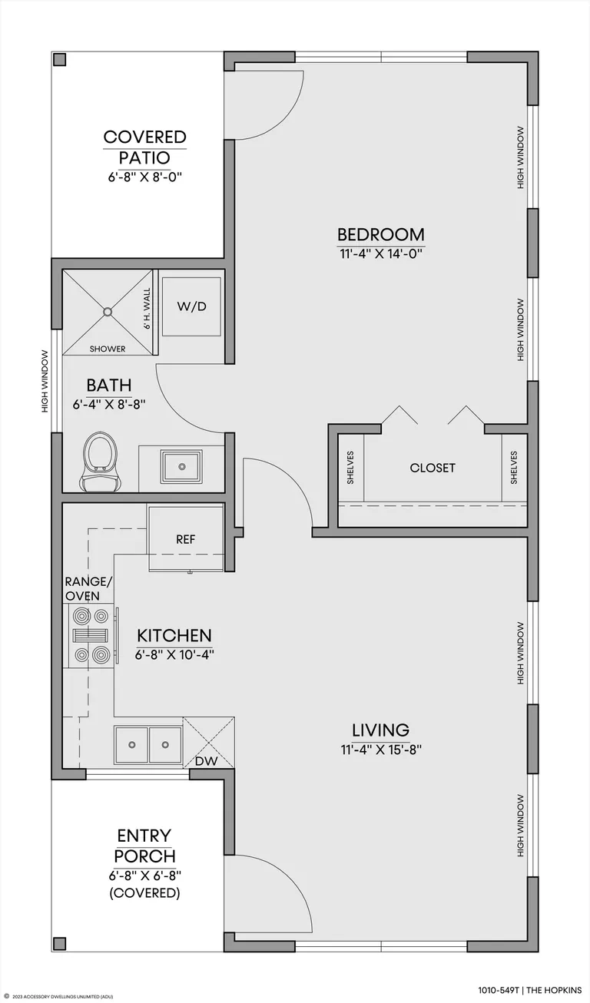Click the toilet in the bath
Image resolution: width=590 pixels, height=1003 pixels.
[x=98, y=462]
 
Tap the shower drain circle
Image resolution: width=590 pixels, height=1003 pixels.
[x=108, y=312]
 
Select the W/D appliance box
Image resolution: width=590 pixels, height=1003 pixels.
[x=191, y=306]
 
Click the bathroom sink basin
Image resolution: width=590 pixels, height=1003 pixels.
[x=182, y=467]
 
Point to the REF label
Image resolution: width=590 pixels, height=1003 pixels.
[x=185, y=539]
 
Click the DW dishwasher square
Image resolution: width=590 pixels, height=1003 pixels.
[x=209, y=743]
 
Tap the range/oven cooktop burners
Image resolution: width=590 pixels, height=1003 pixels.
[x=91, y=636]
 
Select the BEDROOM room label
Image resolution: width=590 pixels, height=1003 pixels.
[x=381, y=235]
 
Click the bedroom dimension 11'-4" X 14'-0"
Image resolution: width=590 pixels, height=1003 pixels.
[x=381, y=254]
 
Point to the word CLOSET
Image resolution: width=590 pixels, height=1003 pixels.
[x=433, y=468]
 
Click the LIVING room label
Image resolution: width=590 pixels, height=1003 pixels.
[x=380, y=730]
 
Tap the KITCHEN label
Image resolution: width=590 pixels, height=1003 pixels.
[x=174, y=636]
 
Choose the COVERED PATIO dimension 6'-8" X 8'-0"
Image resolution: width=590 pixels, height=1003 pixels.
[x=144, y=177]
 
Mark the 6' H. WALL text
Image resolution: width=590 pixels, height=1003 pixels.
[x=147, y=309]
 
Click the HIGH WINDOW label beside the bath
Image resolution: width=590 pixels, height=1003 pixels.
[x=45, y=382]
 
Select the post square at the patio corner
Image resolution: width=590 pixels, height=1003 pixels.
[x=60, y=60]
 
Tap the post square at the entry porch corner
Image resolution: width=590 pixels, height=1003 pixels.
[x=60, y=943]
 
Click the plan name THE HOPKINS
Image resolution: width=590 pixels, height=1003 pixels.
[x=554, y=990]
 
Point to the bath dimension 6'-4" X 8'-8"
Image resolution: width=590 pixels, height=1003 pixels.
[x=109, y=405]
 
